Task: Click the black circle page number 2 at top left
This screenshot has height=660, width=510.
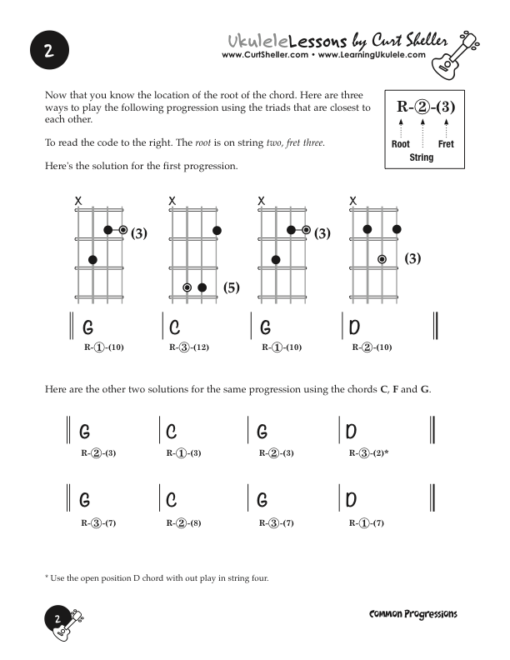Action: (49, 51)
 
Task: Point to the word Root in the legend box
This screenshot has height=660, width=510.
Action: (400, 144)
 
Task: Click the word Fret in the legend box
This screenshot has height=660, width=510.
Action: (446, 144)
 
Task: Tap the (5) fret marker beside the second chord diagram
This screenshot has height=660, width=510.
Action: (232, 288)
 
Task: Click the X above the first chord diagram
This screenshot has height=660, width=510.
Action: (78, 201)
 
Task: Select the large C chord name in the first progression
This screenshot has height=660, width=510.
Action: (174, 327)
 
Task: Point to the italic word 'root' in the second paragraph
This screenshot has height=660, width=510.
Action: (203, 143)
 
